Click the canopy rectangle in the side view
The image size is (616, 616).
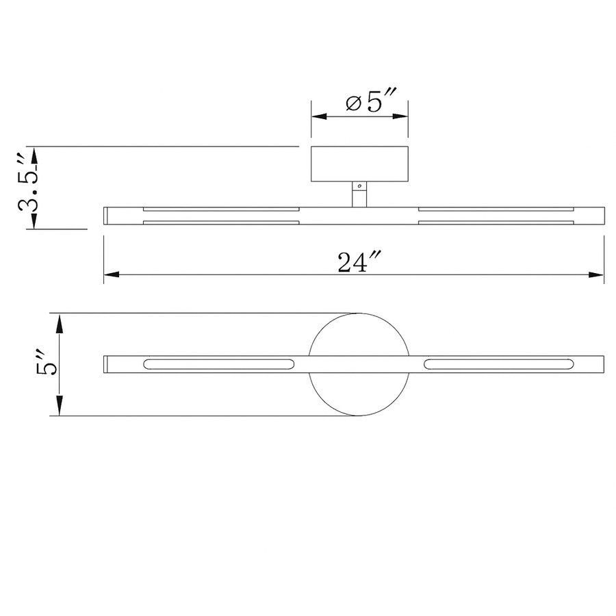[359, 164]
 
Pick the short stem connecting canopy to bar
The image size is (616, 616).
[359, 194]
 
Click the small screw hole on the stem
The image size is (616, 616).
[359, 185]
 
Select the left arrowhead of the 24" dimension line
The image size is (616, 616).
[111, 274]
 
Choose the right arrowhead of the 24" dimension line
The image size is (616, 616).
[596, 274]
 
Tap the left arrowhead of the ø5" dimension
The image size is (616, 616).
[319, 116]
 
